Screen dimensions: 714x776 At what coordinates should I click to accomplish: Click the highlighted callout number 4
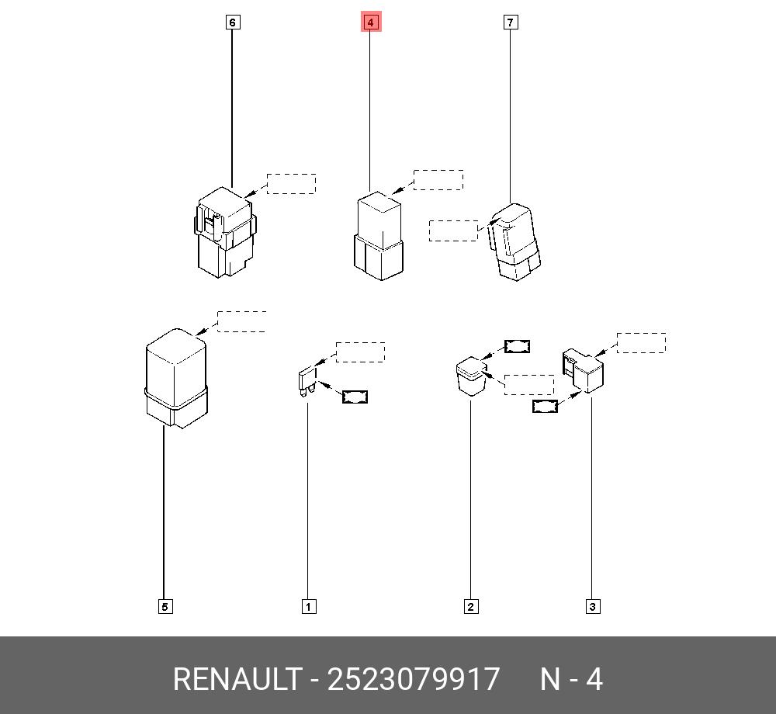(x=370, y=23)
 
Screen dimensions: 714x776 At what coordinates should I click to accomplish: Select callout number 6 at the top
(x=232, y=23)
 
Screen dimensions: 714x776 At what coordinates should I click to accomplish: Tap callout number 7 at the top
(x=510, y=23)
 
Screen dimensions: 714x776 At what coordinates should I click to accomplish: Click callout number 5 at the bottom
(x=165, y=606)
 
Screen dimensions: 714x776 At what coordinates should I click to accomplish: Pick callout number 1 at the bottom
(x=308, y=606)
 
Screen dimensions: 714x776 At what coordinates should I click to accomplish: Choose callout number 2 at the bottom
(x=470, y=606)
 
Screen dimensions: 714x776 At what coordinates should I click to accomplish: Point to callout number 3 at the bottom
(x=592, y=606)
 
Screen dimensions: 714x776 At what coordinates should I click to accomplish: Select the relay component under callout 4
(x=379, y=236)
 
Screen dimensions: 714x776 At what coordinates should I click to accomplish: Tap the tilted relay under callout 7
(x=514, y=242)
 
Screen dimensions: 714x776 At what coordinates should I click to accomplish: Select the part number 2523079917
(x=414, y=680)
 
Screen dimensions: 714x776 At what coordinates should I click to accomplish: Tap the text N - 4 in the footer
(x=571, y=680)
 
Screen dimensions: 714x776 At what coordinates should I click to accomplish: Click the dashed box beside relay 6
(x=291, y=184)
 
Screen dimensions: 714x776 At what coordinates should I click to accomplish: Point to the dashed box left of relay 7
(x=453, y=230)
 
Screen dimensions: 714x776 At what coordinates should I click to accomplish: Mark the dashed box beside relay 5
(x=241, y=321)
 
